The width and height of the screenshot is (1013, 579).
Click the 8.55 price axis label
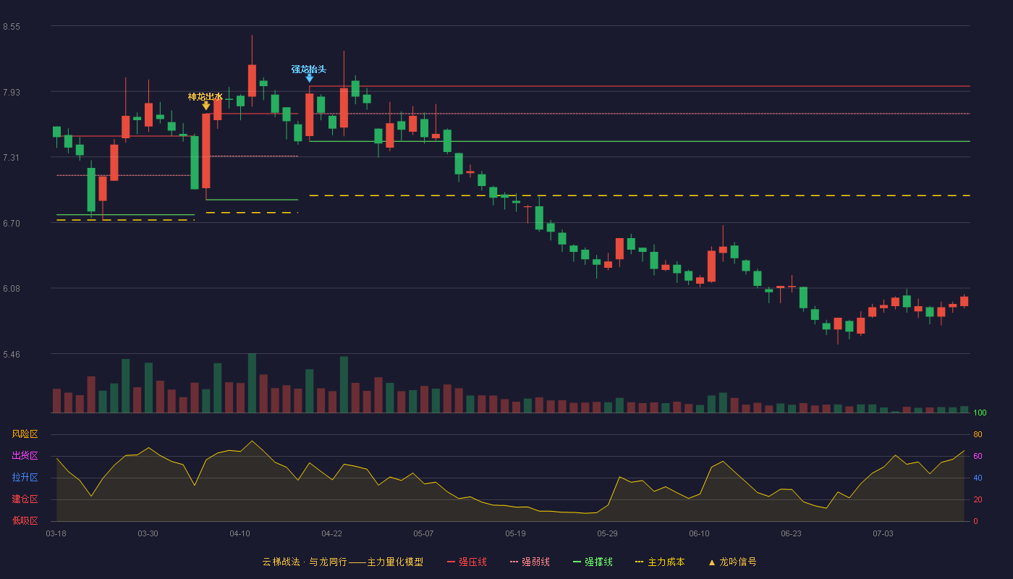[x=12, y=27]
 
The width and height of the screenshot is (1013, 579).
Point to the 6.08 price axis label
[x=12, y=289]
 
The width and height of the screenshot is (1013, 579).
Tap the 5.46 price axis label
[x=12, y=354]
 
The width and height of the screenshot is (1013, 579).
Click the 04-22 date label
[x=331, y=534]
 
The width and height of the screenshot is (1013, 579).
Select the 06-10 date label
[x=699, y=534]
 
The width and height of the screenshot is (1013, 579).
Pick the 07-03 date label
[x=883, y=534]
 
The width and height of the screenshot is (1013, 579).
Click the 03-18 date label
[x=56, y=534]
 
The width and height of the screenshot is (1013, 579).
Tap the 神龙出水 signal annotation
[x=205, y=97]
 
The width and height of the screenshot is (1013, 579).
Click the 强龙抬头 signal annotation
[x=309, y=69]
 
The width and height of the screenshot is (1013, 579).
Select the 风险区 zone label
[x=25, y=434]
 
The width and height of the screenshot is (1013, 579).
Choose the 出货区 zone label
[x=25, y=455]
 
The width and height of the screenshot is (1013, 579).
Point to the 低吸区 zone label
[x=25, y=520]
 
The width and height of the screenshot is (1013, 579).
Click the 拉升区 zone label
[x=25, y=477]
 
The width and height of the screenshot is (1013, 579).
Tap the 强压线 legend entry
[x=467, y=562]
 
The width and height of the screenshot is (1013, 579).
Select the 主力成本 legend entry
[x=660, y=562]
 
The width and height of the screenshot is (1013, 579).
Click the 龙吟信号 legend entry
[x=732, y=562]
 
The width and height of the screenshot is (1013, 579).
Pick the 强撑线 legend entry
[x=593, y=562]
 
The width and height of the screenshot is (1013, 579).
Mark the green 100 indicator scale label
[x=980, y=413]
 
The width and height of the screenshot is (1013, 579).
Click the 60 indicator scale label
[x=978, y=456]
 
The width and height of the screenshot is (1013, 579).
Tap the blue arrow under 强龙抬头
[x=310, y=78]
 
